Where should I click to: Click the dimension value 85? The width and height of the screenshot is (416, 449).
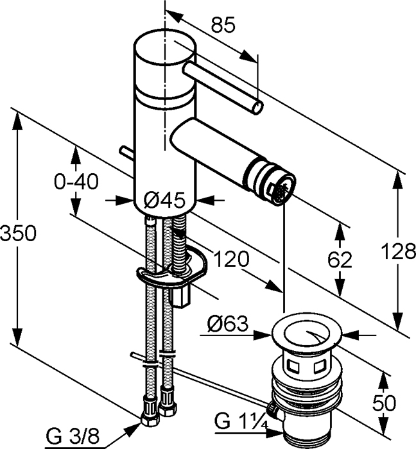[x=223, y=25]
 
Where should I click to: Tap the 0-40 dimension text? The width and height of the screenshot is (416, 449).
[x=76, y=182]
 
